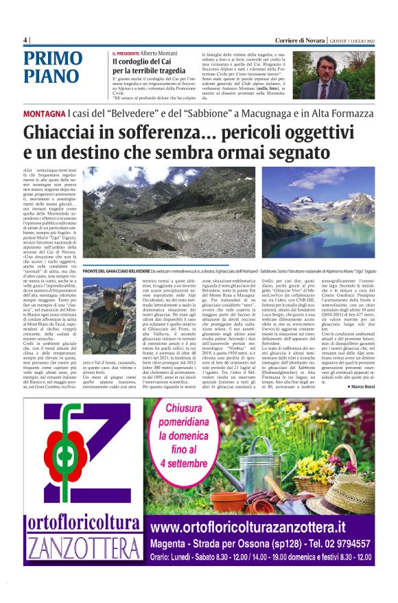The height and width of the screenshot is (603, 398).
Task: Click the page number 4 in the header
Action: pos(26,39)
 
